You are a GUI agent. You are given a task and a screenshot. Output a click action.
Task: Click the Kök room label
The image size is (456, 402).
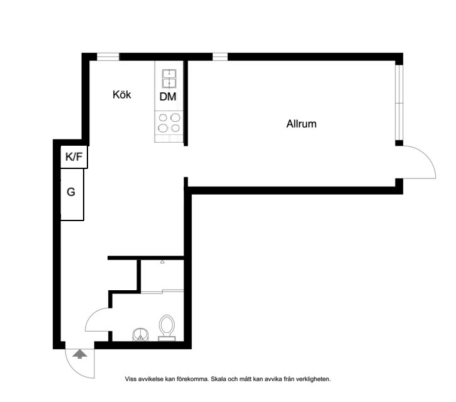tap(122, 94)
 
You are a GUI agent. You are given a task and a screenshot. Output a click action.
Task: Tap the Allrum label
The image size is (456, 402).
tap(301, 124)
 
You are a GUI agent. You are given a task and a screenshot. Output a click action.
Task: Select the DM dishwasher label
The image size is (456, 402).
tap(168, 97)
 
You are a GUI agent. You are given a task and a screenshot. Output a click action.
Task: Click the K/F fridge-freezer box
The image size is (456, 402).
tap(74, 157)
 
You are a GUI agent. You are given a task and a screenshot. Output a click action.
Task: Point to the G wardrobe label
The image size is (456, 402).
tap(71, 192)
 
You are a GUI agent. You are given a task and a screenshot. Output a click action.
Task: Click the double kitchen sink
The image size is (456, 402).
tap(169, 79)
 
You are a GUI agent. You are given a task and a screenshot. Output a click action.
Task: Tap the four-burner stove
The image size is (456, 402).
tap(169, 123)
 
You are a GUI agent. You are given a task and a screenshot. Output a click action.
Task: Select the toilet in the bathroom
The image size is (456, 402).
tap(167, 328)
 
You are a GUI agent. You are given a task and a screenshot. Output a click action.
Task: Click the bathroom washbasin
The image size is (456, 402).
tap(141, 334)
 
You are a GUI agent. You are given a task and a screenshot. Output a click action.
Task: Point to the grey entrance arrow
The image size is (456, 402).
tap(80, 354)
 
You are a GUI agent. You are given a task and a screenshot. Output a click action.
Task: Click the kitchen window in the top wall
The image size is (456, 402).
tap(108, 57)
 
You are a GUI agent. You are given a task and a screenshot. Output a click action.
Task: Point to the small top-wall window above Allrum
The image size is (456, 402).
tap(220, 57)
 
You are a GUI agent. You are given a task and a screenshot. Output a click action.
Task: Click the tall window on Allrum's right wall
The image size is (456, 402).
tap(399, 103)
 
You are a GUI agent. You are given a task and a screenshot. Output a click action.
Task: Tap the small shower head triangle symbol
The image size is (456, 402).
tap(162, 262)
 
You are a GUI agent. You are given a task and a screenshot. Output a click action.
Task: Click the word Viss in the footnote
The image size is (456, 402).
tap(131, 379)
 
